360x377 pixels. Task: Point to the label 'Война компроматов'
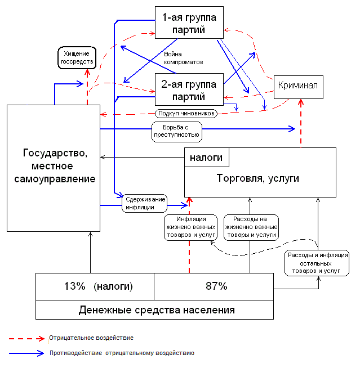[183, 57]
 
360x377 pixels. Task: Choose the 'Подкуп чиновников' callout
[185, 113]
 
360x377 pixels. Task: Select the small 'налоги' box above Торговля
[206, 157]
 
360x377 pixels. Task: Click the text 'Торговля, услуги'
[258, 178]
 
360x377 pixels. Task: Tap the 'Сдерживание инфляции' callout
[145, 203]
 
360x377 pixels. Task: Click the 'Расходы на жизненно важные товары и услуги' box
[251, 227]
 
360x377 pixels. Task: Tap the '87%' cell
[216, 286]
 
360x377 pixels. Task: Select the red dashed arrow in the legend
[25, 338]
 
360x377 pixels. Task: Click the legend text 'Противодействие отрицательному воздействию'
[122, 353]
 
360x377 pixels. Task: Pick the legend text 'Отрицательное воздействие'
[91, 338]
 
